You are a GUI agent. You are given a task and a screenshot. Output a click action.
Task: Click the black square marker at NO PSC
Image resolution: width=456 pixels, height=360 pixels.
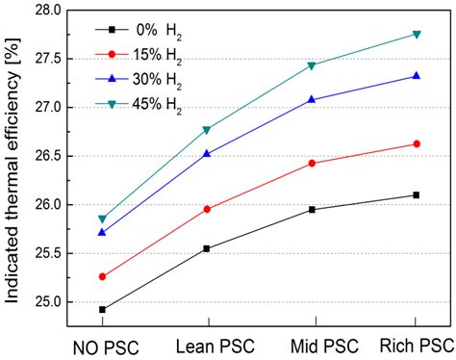coord(102,310)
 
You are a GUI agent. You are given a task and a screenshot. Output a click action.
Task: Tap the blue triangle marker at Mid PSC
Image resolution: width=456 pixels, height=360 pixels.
coord(311,99)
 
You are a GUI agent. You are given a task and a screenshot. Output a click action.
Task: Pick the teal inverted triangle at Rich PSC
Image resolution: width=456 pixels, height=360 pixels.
coord(416,34)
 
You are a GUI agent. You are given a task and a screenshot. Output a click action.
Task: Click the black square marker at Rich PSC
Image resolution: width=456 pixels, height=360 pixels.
coord(416,194)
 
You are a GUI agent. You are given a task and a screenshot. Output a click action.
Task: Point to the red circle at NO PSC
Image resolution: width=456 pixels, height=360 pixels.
coord(102,276)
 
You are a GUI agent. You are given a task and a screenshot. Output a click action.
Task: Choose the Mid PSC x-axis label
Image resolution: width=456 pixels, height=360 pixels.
coord(311,344)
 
